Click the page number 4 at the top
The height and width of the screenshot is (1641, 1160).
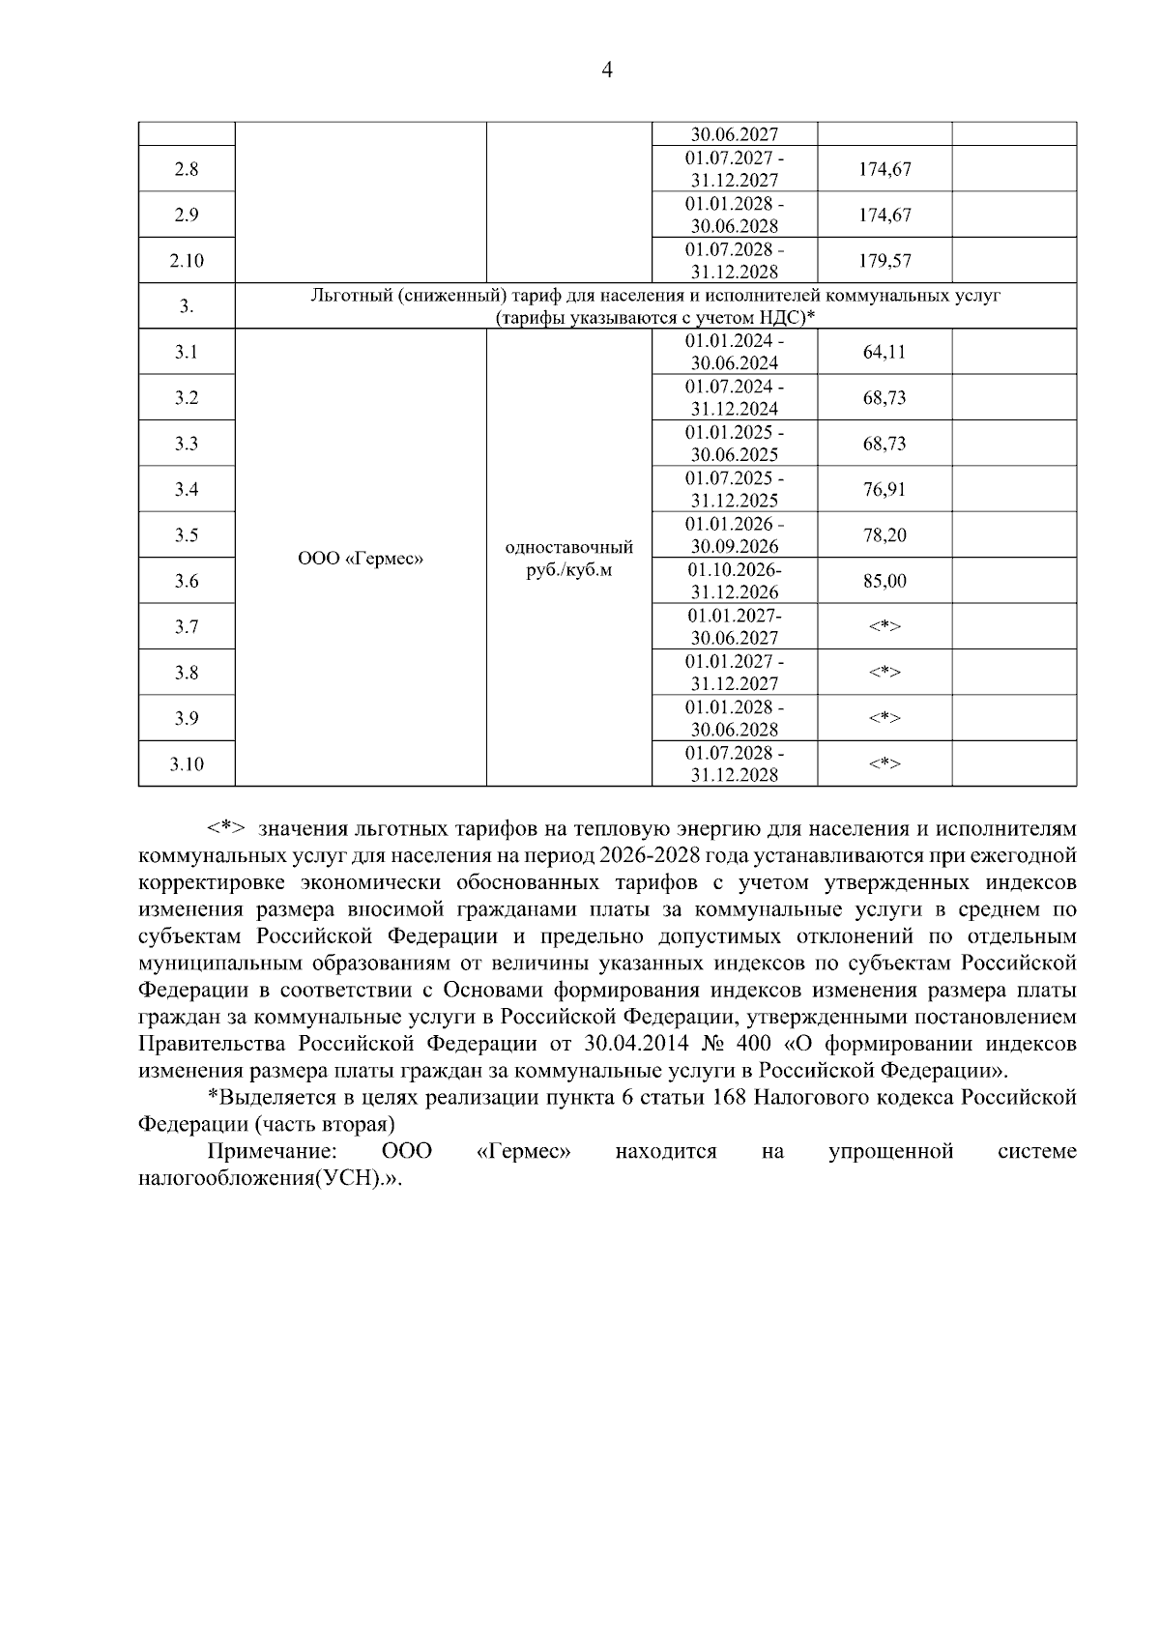(x=606, y=71)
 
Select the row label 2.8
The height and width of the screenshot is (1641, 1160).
(x=187, y=169)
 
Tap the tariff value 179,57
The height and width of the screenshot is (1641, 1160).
(x=884, y=261)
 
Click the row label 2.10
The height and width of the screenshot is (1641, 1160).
(x=187, y=261)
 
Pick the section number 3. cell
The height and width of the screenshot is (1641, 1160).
(x=187, y=307)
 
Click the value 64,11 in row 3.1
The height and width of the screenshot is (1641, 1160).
(x=884, y=353)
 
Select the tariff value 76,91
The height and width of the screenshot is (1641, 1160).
(x=884, y=490)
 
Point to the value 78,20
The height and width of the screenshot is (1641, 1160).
(x=884, y=535)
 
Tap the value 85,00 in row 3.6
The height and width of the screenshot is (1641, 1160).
(x=884, y=582)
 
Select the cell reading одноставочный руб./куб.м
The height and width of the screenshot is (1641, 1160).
(x=569, y=559)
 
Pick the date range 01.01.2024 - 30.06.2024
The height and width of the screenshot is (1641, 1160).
(x=735, y=353)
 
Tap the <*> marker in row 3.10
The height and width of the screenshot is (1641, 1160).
(x=884, y=764)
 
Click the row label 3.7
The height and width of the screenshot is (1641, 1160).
(x=187, y=627)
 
